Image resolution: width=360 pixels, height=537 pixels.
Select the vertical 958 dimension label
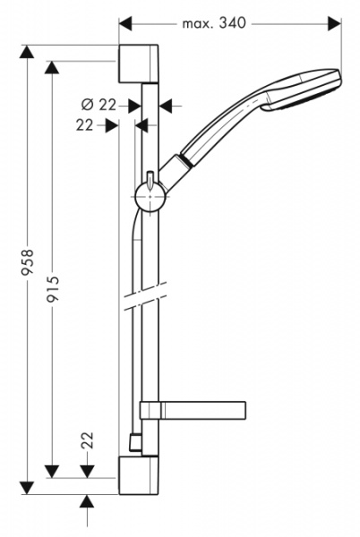(x=28, y=264)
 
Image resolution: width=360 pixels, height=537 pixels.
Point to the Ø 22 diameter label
(x=107, y=105)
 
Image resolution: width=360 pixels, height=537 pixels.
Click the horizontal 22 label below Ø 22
(x=85, y=126)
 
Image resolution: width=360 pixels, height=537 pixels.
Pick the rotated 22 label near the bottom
(x=87, y=439)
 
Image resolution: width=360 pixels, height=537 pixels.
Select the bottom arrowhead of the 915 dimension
(x=53, y=471)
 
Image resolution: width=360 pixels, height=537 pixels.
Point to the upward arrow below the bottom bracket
(x=87, y=502)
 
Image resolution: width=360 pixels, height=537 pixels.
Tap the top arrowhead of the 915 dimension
(x=53, y=69)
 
